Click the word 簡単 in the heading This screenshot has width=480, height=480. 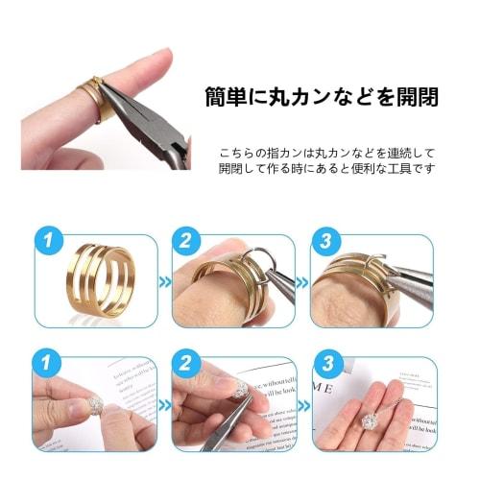[x=228, y=98]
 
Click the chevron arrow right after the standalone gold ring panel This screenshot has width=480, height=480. [x=164, y=284]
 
